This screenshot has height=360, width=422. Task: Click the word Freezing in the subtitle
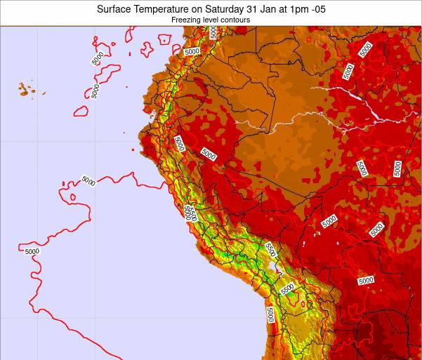(x=185, y=20)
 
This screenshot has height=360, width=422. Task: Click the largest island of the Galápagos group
(x=25, y=90)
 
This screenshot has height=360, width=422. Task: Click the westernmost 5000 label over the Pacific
(x=32, y=251)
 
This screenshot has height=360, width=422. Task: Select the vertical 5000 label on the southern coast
(x=270, y=314)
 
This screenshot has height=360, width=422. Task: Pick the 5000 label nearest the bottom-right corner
(x=365, y=280)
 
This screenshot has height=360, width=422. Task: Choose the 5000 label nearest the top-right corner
(x=365, y=48)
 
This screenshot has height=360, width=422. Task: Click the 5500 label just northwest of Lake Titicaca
(x=270, y=248)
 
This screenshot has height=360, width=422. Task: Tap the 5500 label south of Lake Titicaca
(x=286, y=288)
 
